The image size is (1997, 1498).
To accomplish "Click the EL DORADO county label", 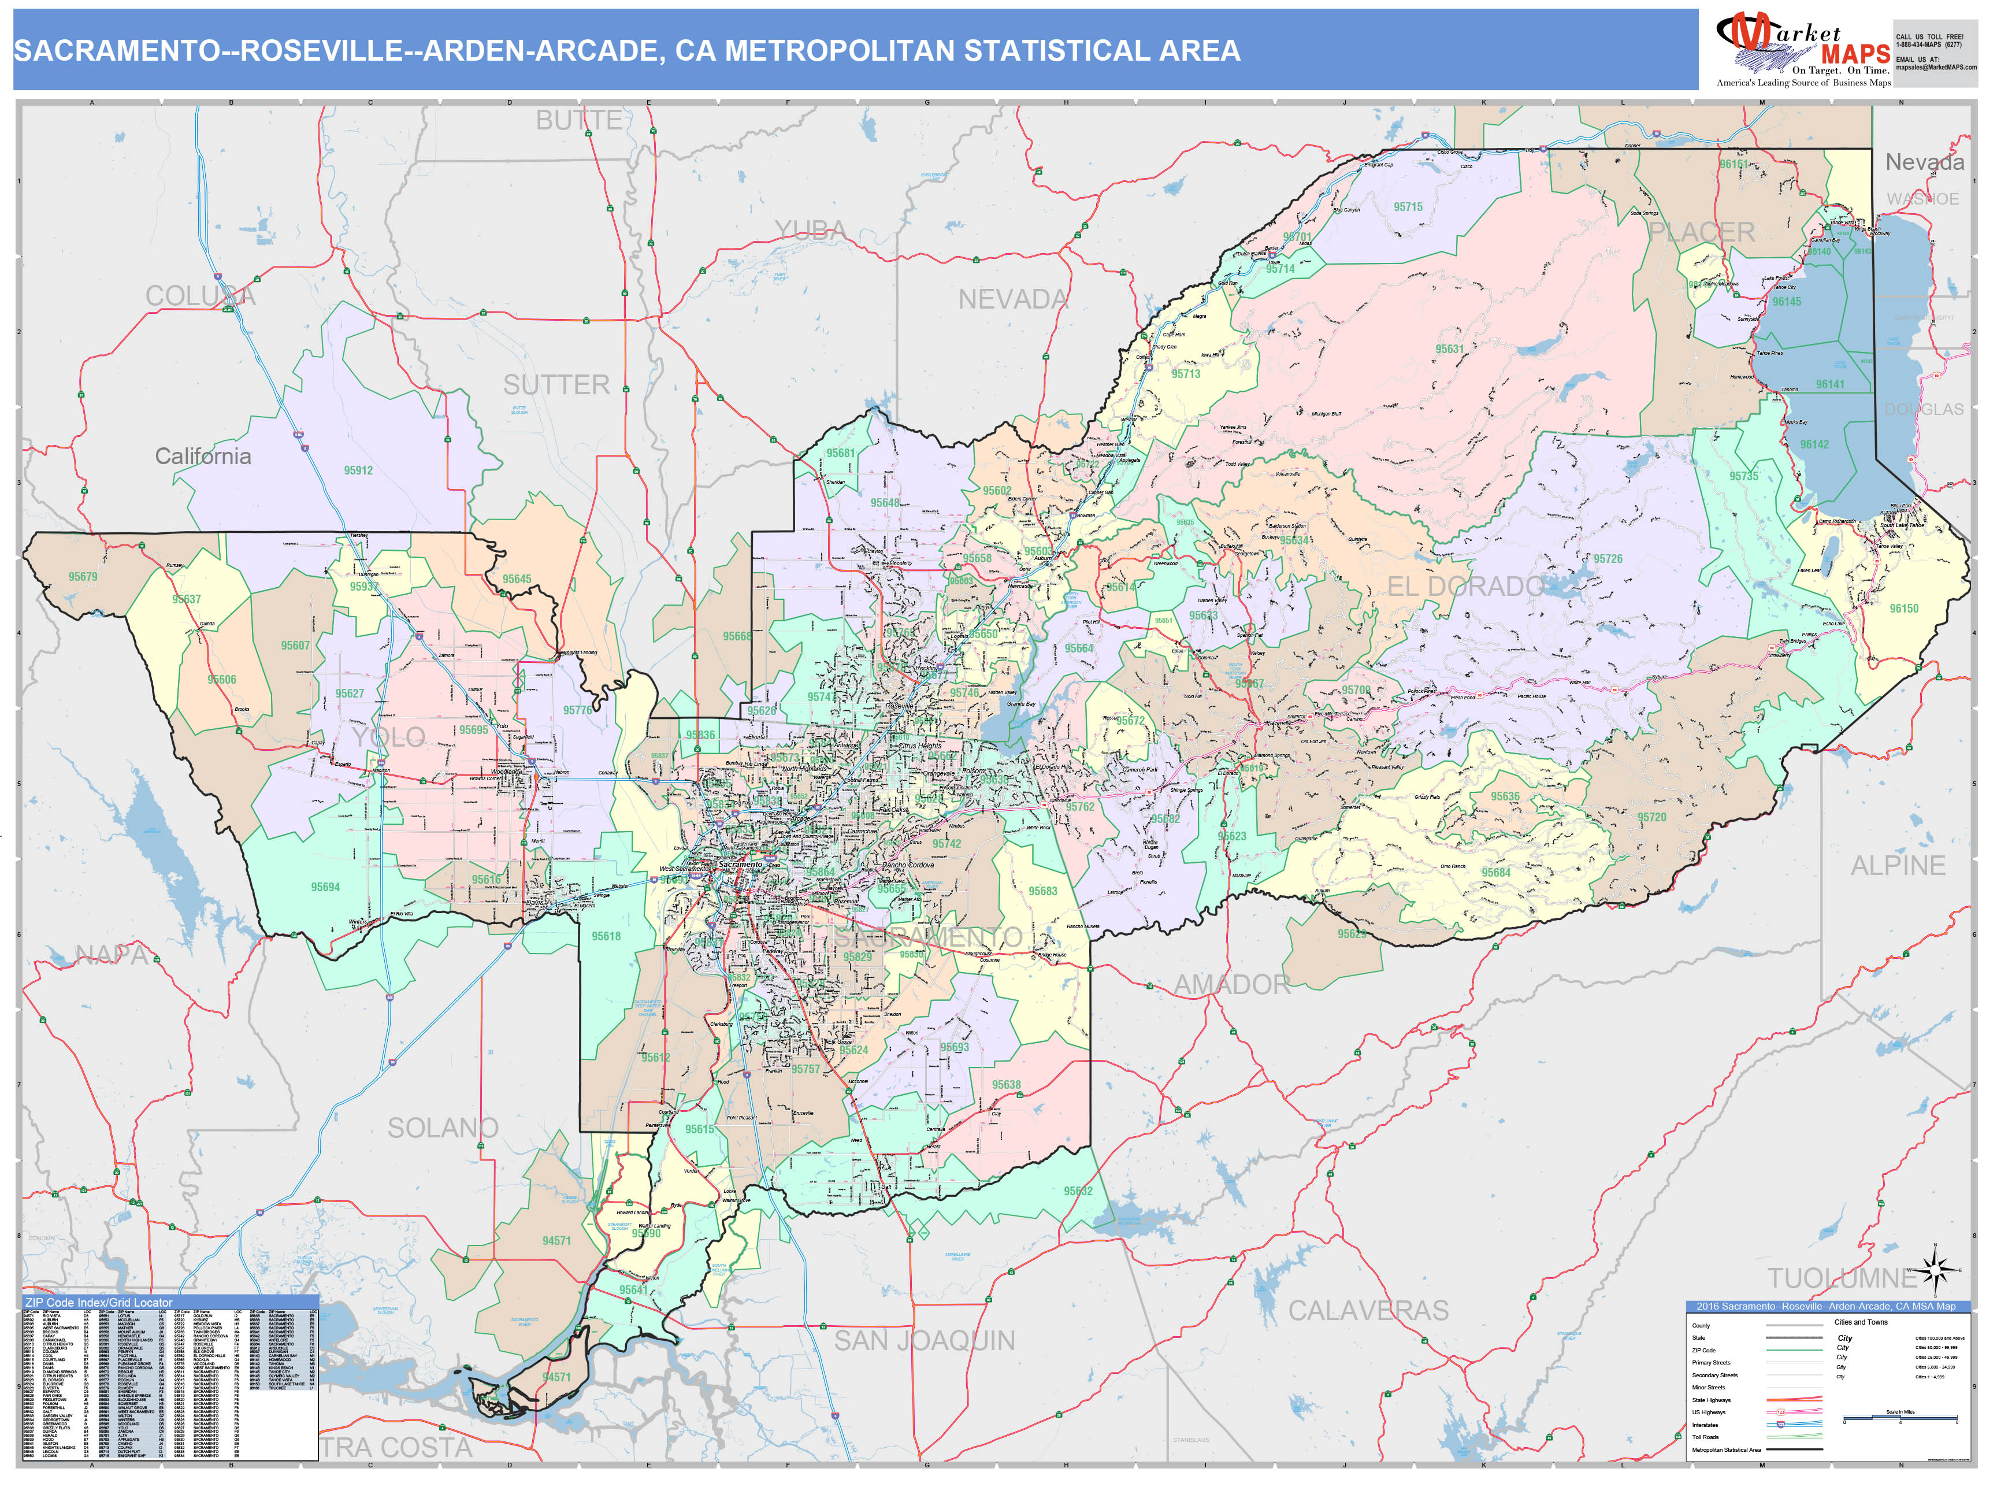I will click(x=1464, y=587).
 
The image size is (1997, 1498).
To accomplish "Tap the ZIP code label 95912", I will click(x=358, y=470).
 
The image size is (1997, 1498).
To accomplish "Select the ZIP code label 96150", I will click(x=1904, y=609).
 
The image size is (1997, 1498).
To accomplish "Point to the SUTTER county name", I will click(x=556, y=385).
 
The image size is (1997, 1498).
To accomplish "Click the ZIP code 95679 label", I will click(x=83, y=577).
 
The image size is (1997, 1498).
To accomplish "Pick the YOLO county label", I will click(x=388, y=737).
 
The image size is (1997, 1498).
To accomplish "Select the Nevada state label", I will click(x=1924, y=162).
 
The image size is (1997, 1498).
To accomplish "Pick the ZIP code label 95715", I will click(x=1408, y=207).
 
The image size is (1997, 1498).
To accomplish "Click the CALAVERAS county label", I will click(x=1368, y=1310).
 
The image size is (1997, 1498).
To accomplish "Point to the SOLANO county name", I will click(x=443, y=1128).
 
